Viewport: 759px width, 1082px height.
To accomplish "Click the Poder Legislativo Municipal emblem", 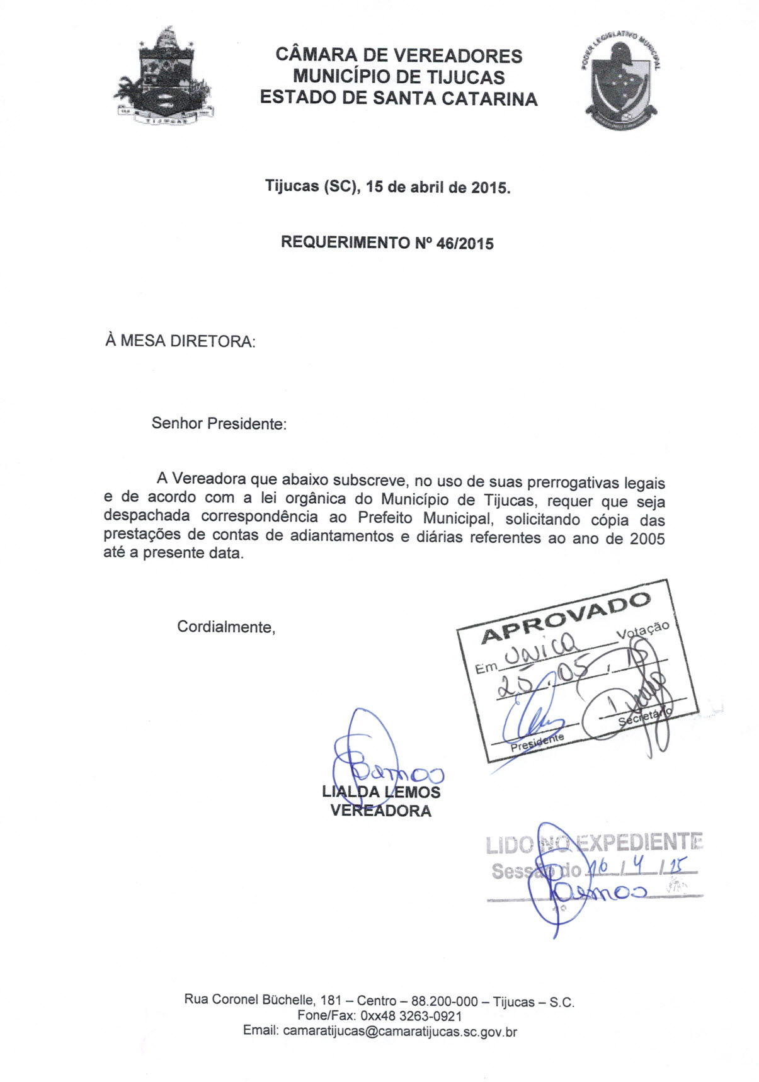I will pos(622,80).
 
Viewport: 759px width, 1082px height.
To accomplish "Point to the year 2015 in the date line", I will pos(489,188).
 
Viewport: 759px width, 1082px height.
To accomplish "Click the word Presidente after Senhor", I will pos(247,424).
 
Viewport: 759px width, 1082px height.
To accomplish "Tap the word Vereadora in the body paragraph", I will pos(209,479).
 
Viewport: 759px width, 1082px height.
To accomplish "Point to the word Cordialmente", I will pos(226,627).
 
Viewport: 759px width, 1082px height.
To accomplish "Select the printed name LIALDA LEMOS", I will pos(381,792).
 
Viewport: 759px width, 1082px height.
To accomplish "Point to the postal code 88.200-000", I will pos(445,1001).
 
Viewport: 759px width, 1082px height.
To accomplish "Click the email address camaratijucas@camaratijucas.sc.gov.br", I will pos(400,1032).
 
